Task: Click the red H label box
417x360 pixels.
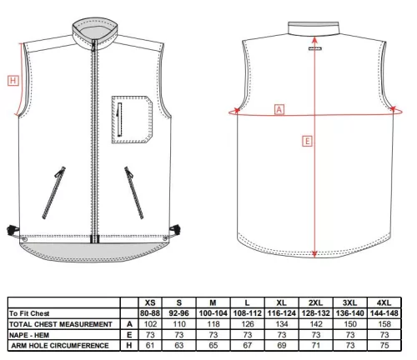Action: tap(13, 81)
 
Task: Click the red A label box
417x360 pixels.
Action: tap(279, 109)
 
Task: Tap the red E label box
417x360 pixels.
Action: tap(307, 142)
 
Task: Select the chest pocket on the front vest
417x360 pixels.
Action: tap(132, 120)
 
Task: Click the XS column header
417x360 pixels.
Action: tap(150, 302)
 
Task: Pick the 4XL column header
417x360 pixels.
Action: tap(384, 302)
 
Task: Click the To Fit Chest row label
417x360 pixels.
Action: tap(29, 313)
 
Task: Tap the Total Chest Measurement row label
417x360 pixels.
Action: tap(61, 324)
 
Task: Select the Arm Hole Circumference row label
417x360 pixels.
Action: tap(60, 346)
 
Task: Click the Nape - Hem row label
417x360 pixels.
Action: tap(29, 335)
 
